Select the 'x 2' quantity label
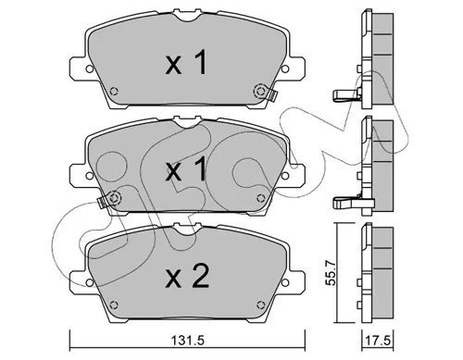[x=187, y=277]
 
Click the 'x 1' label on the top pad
[x=186, y=64]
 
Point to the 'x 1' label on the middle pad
[x=186, y=168]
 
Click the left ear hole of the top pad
[x=89, y=69]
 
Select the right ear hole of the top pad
[x=284, y=69]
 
